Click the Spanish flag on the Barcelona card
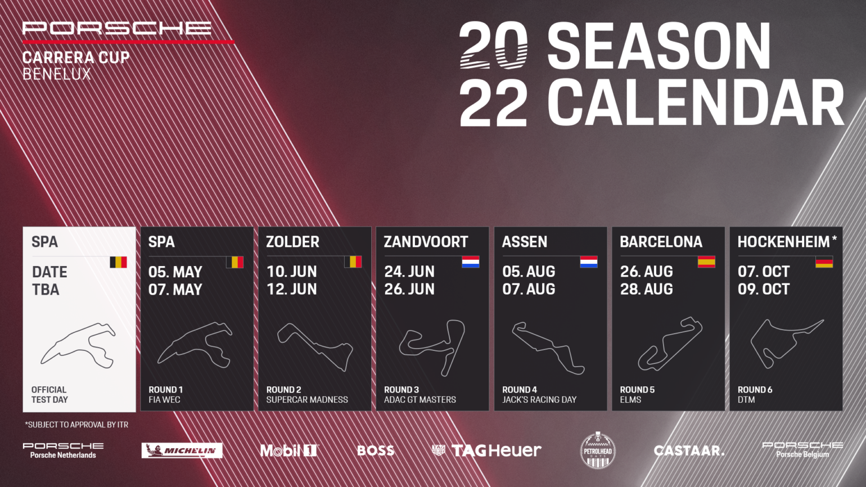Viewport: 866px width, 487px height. (x=706, y=261)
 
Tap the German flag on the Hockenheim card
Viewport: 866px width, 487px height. (x=824, y=261)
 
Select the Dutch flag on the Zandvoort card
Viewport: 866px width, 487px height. (x=471, y=261)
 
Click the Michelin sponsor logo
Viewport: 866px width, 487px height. (x=182, y=450)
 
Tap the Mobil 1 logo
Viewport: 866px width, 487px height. (x=289, y=450)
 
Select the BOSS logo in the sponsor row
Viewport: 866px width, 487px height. (x=376, y=450)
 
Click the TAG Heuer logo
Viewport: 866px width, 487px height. (x=486, y=450)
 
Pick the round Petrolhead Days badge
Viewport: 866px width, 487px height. (x=598, y=450)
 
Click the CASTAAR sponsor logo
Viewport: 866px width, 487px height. (x=688, y=450)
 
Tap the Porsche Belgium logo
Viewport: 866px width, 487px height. (x=802, y=450)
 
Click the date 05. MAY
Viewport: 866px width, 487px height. (x=175, y=272)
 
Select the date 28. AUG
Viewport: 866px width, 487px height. (x=647, y=289)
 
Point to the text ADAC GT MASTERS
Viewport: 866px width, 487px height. (x=420, y=400)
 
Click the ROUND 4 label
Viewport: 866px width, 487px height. (x=519, y=390)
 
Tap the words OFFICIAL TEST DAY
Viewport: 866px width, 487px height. (x=49, y=395)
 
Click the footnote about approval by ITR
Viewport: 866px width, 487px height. (x=76, y=425)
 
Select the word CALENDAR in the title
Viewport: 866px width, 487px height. (x=696, y=102)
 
